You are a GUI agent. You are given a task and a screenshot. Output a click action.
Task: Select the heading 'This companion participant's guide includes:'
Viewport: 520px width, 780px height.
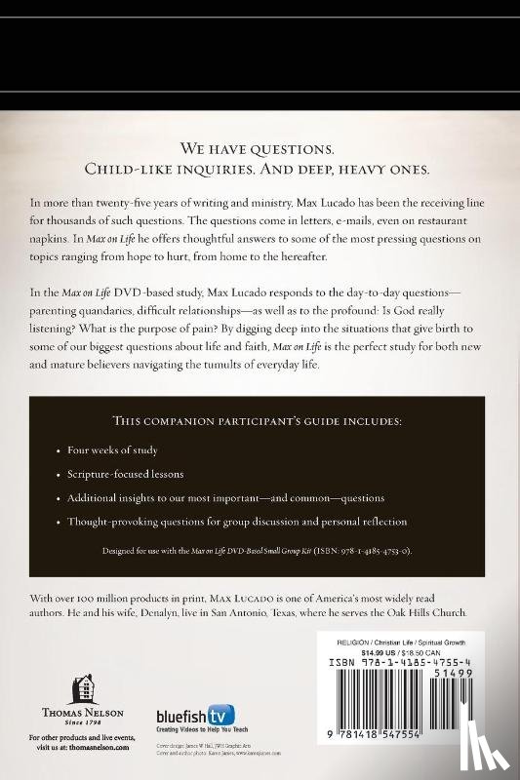tap(260, 423)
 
